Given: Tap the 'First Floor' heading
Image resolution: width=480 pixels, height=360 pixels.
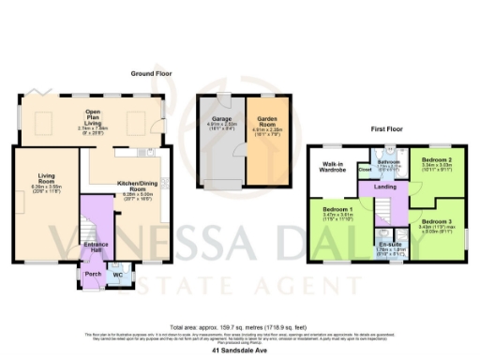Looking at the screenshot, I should tap(387, 127).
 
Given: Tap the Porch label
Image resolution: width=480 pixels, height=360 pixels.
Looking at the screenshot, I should tap(92, 275).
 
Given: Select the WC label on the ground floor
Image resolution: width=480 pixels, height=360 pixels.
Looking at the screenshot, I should tap(118, 276).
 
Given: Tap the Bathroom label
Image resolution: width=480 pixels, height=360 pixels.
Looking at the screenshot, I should tap(388, 160).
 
